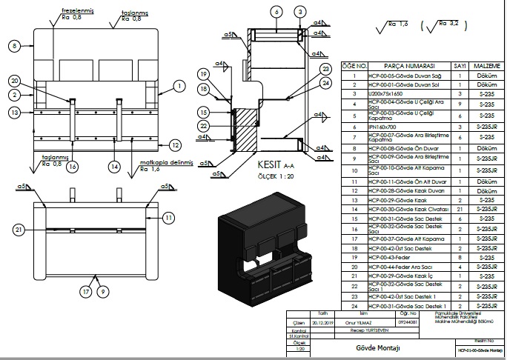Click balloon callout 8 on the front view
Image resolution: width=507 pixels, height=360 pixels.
(14, 46)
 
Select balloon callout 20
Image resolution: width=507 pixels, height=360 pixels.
(14, 80)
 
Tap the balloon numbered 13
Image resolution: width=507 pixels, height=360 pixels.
(14, 112)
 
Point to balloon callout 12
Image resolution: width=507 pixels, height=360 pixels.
(175, 144)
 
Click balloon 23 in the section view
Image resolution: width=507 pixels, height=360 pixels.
(325, 70)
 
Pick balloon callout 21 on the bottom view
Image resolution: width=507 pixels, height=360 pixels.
(19, 230)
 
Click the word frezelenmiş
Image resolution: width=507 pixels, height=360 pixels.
(76, 10)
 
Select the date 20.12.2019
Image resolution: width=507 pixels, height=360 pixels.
(322, 322)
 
